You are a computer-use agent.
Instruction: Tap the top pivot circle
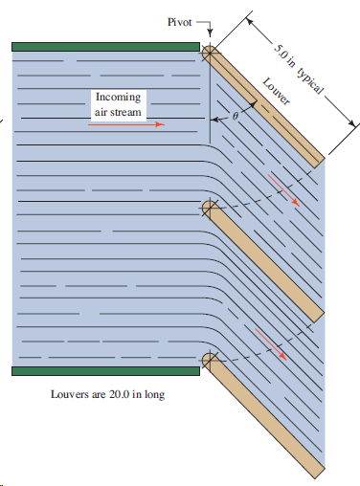(210, 47)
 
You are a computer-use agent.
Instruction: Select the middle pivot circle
(210, 207)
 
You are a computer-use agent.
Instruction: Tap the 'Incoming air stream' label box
(119, 104)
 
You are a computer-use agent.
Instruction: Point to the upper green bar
(105, 44)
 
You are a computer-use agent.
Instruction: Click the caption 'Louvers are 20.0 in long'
(107, 395)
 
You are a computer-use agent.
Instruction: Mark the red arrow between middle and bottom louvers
(270, 341)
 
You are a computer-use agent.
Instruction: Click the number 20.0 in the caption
(119, 395)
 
